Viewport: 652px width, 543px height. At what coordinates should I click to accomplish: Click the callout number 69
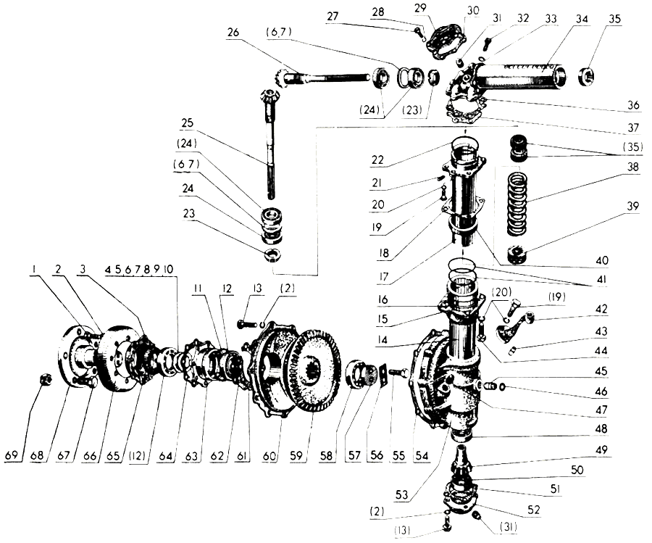point(12,455)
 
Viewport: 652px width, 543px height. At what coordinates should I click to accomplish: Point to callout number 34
point(582,19)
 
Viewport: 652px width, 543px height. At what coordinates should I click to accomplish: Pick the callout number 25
point(187,123)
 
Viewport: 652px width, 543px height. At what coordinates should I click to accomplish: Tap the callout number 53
point(401,494)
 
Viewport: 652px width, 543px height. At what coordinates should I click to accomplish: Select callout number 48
point(601,429)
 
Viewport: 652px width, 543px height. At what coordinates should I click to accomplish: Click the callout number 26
point(233,32)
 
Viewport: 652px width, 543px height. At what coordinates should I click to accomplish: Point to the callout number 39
point(632,207)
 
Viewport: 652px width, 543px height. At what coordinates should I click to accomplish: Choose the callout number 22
point(377,159)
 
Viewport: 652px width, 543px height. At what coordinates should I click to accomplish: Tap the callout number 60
point(269,456)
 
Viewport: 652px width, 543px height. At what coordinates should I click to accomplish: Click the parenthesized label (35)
point(632,147)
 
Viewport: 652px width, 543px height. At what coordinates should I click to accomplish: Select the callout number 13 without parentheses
point(257,289)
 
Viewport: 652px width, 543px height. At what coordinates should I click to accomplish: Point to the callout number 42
point(601,309)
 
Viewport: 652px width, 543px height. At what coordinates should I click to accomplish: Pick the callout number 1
point(34,270)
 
